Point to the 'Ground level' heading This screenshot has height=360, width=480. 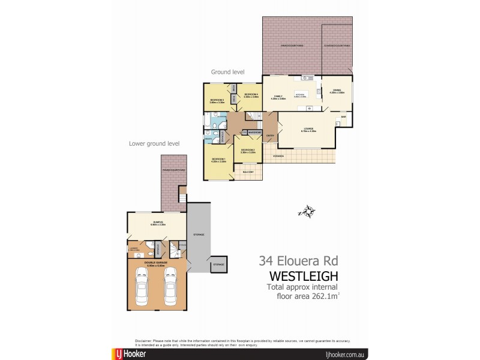(x=227, y=72)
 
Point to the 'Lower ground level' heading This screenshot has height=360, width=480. (x=154, y=143)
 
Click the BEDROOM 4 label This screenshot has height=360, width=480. (x=251, y=95)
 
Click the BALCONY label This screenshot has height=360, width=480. (x=249, y=172)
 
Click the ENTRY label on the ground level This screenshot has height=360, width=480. (x=270, y=136)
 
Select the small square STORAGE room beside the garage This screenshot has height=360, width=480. (x=218, y=264)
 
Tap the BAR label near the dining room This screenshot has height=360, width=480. (x=344, y=116)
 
